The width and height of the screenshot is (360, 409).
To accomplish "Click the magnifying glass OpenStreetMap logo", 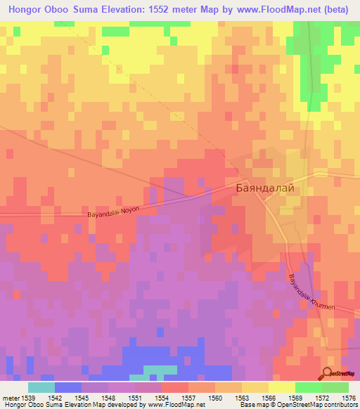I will (x=327, y=373).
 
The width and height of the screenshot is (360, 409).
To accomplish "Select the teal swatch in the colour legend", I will (x=41, y=387).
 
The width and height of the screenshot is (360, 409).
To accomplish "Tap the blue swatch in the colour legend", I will (x=68, y=387).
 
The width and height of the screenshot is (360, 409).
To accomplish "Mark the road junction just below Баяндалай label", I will (x=265, y=200).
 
